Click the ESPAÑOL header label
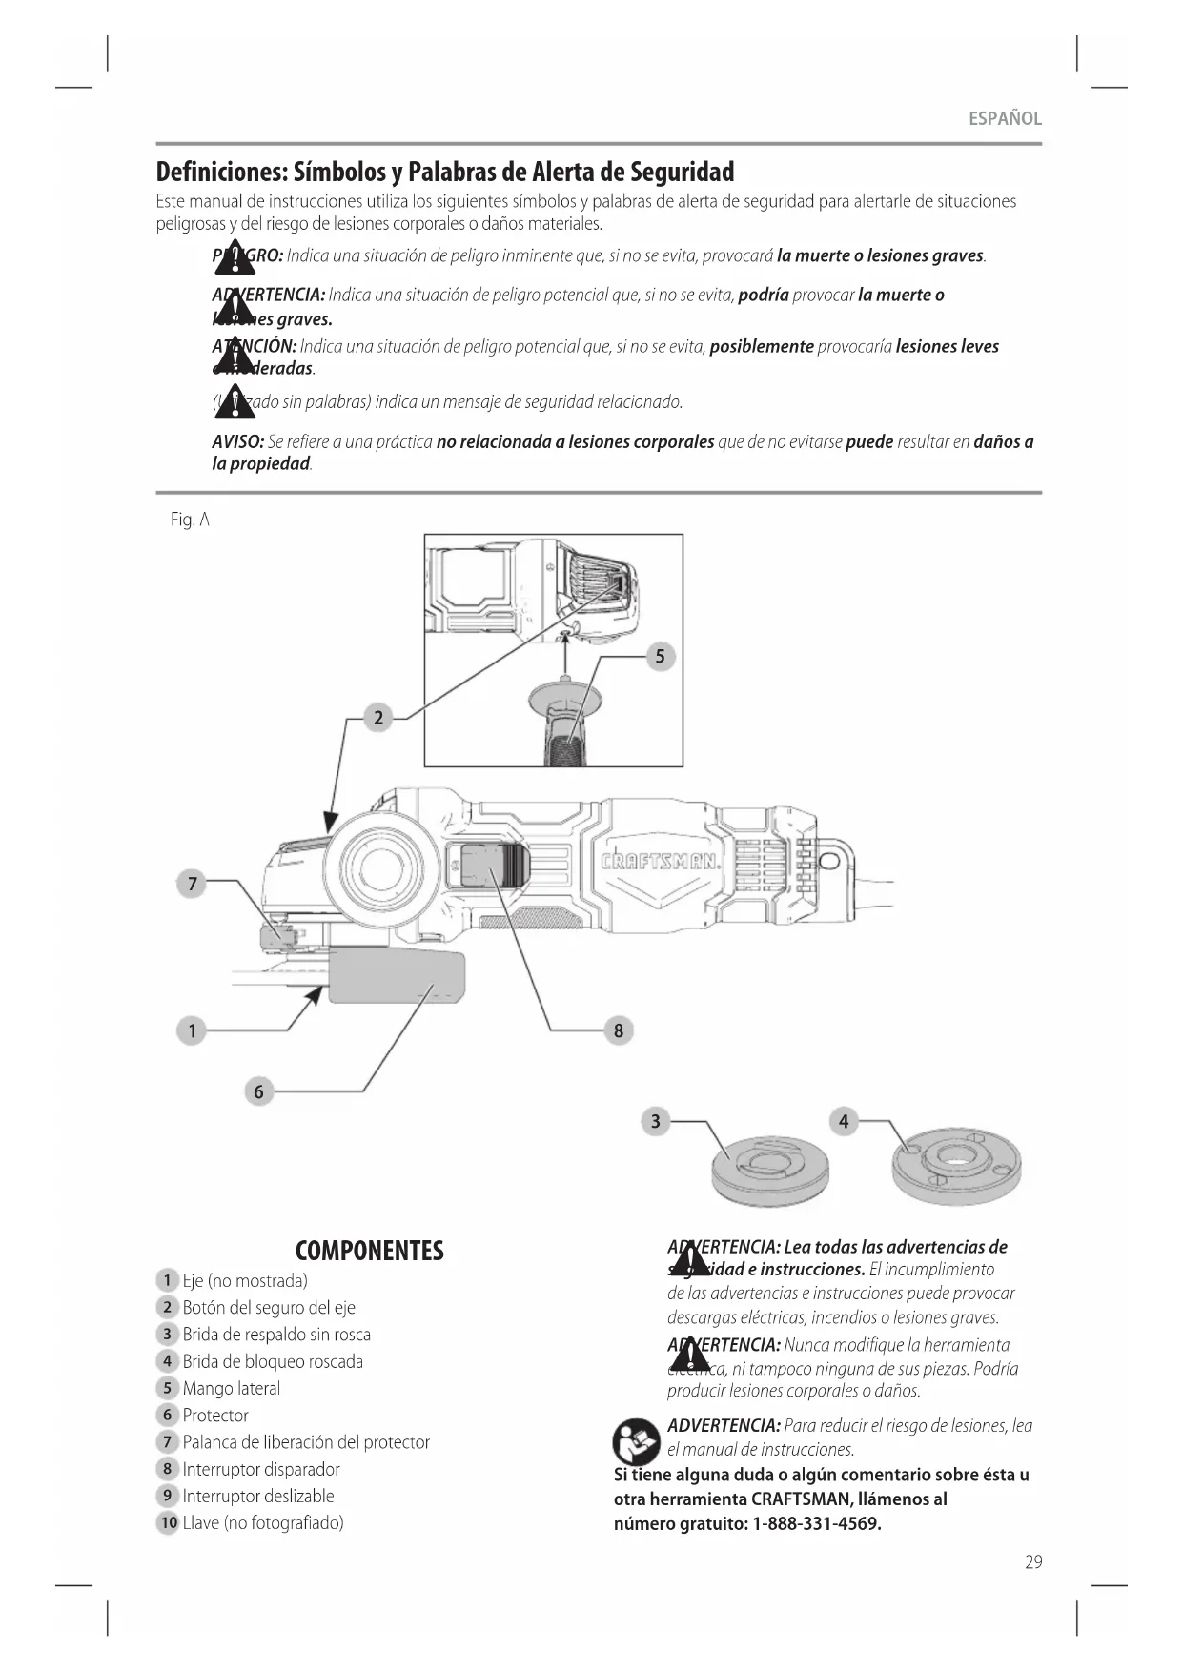pyautogui.click(x=1005, y=119)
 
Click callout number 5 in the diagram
pyautogui.click(x=660, y=656)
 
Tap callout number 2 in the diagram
pyautogui.click(x=378, y=718)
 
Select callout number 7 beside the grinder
pyautogui.click(x=192, y=884)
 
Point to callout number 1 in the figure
pyautogui.click(x=192, y=1030)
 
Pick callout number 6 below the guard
pyautogui.click(x=258, y=1091)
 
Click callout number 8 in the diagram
pyautogui.click(x=619, y=1030)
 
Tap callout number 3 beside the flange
pyautogui.click(x=655, y=1121)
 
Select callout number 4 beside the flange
pyautogui.click(x=844, y=1121)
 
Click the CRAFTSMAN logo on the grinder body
pyautogui.click(x=661, y=864)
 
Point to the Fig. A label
pyautogui.click(x=190, y=520)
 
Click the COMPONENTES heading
pyautogui.click(x=370, y=1251)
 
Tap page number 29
pyautogui.click(x=1033, y=1562)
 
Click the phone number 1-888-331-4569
pyautogui.click(x=817, y=1523)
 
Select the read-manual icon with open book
pyautogui.click(x=637, y=1441)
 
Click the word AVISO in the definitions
pyautogui.click(x=237, y=442)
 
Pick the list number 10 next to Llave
pyautogui.click(x=169, y=1522)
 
